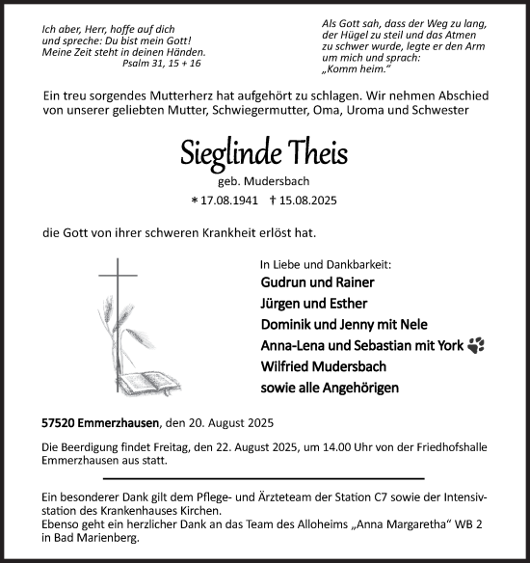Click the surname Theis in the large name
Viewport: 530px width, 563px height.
coord(313,153)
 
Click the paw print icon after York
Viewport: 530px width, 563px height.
coord(476,344)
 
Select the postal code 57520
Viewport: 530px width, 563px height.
coord(60,422)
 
